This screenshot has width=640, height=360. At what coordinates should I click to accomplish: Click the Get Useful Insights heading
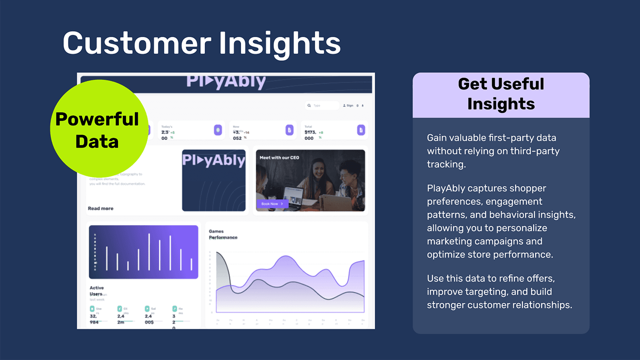[x=501, y=94]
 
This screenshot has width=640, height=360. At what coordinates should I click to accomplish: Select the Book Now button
[x=272, y=204]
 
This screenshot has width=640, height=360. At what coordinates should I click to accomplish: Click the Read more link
[x=100, y=208]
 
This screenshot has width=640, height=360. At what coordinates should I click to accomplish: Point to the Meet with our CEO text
[x=279, y=158]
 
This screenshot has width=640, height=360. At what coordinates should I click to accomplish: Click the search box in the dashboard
[x=322, y=106]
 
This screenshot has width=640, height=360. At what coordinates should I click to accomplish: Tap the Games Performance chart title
[x=223, y=234]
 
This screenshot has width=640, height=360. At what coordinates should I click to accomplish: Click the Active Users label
[x=96, y=291]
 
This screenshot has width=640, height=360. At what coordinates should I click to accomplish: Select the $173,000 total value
[x=310, y=135]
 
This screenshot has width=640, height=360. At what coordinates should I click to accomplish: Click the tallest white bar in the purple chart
[x=149, y=252]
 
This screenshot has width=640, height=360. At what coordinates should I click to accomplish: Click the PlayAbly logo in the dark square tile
[x=214, y=160]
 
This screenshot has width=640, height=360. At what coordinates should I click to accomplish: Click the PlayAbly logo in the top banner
[x=226, y=81]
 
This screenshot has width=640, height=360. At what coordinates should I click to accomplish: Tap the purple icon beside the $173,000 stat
[x=361, y=130]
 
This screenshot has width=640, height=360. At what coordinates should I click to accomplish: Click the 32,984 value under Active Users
[x=94, y=319]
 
